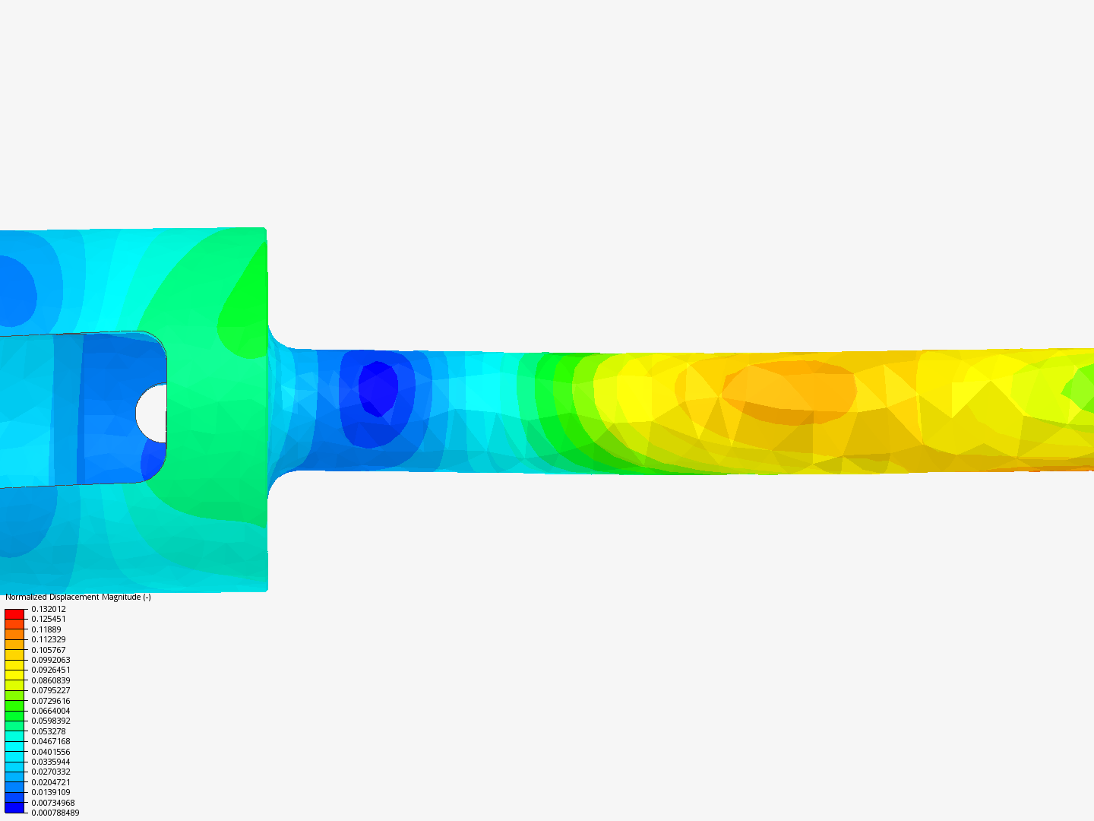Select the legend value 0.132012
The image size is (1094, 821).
(x=49, y=609)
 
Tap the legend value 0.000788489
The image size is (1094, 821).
(x=55, y=813)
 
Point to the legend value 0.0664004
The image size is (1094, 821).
(x=51, y=711)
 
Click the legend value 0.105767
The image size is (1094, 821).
(x=49, y=650)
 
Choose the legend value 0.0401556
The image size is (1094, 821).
(x=51, y=752)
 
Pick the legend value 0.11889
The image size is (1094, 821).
(x=46, y=629)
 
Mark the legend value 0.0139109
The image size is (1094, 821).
(x=51, y=792)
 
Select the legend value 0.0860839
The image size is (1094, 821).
(x=51, y=680)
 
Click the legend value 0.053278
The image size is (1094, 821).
(x=49, y=731)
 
